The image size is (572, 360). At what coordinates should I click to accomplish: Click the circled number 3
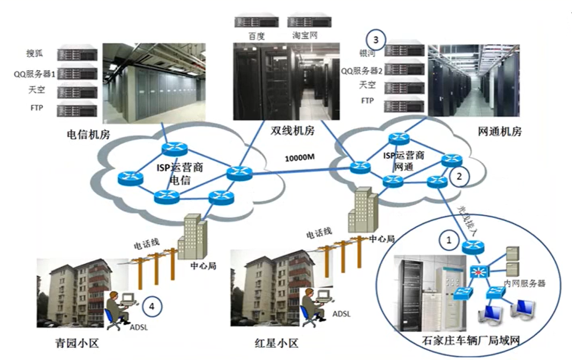(x=375, y=39)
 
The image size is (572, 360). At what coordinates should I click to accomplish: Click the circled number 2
(x=459, y=176)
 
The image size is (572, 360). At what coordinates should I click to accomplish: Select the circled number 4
(x=153, y=306)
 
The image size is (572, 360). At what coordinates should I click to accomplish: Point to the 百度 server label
(x=249, y=36)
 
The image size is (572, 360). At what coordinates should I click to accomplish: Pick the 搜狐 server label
(x=34, y=54)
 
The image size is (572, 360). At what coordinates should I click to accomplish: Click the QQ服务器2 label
(x=363, y=70)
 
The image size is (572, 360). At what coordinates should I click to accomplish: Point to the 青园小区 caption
(x=77, y=343)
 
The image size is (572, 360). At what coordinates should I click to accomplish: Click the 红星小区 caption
(x=276, y=343)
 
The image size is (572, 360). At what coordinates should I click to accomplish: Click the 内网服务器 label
(x=524, y=283)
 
